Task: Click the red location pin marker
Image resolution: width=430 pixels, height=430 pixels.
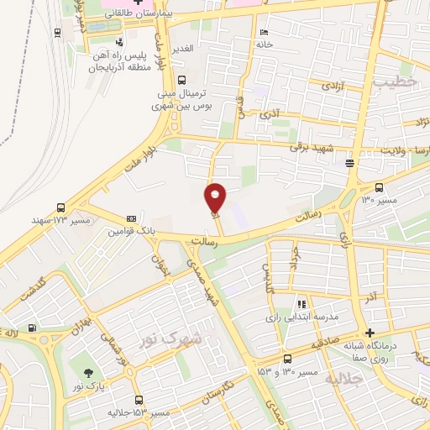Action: click(x=216, y=197)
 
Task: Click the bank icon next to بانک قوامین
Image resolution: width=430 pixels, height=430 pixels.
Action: click(x=130, y=217)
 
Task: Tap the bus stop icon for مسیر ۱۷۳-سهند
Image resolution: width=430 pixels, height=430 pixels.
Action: click(x=60, y=207)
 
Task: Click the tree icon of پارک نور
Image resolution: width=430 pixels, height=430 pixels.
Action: click(x=89, y=373)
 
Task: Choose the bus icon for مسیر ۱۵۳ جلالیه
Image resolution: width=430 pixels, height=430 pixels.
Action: click(x=139, y=400)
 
